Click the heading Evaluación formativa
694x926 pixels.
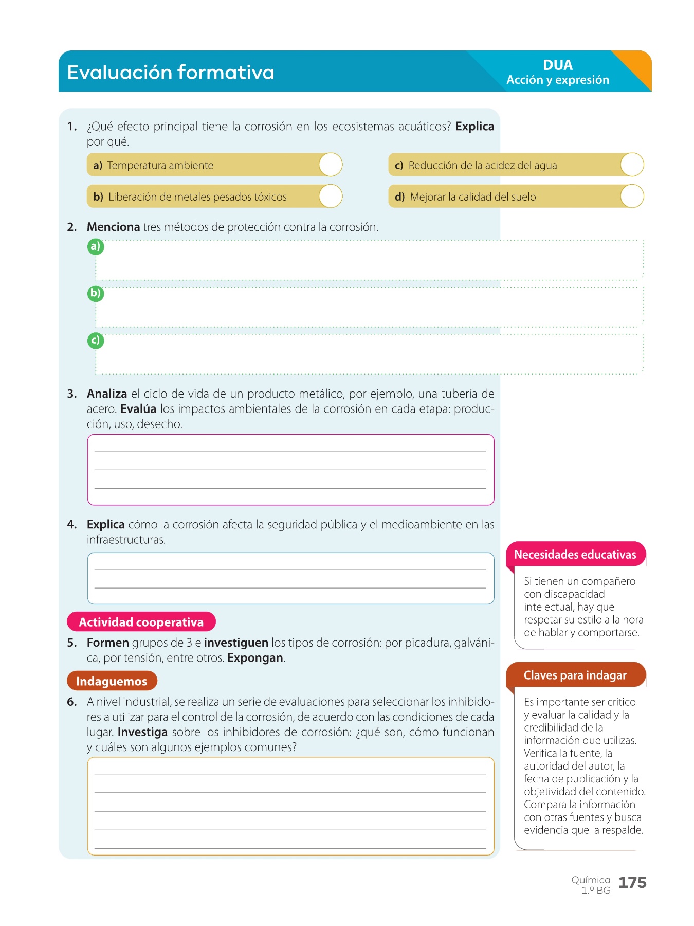pyautogui.click(x=171, y=73)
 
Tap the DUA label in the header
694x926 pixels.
pyautogui.click(x=557, y=65)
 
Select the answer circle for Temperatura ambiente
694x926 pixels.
pyautogui.click(x=331, y=165)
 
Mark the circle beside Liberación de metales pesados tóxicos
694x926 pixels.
pyautogui.click(x=331, y=197)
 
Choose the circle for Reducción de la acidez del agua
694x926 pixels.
pyautogui.click(x=632, y=165)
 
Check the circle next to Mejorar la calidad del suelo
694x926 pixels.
pyautogui.click(x=632, y=197)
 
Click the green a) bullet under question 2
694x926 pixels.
pyautogui.click(x=96, y=246)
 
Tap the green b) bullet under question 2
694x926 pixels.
pyautogui.click(x=96, y=294)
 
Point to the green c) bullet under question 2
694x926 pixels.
pyautogui.click(x=96, y=341)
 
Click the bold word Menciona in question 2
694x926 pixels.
pyautogui.click(x=113, y=227)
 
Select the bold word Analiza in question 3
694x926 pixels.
pyautogui.click(x=107, y=394)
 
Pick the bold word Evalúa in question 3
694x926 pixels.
pyautogui.click(x=138, y=409)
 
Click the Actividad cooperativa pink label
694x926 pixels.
pyautogui.click(x=141, y=622)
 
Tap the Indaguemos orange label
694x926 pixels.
pyautogui.click(x=112, y=681)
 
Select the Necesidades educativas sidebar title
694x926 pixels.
pyautogui.click(x=575, y=555)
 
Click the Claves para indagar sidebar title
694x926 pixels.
pyautogui.click(x=575, y=675)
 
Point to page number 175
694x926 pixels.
pyautogui.click(x=632, y=883)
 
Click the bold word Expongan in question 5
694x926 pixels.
pyautogui.click(x=255, y=658)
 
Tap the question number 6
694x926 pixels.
pyautogui.click(x=72, y=702)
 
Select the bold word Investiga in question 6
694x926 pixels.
pyautogui.click(x=142, y=732)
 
